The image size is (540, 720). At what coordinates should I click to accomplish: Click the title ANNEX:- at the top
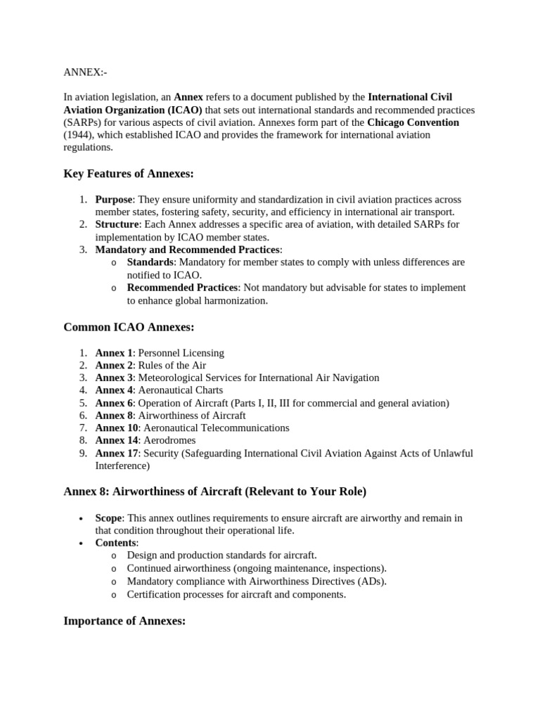[85, 72]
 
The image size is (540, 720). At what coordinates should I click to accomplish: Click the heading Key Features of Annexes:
[128, 174]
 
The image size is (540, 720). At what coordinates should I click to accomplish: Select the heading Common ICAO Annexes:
[129, 327]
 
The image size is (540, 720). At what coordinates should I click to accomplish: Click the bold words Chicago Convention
[413, 122]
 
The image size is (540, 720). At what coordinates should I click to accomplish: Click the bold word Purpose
[114, 199]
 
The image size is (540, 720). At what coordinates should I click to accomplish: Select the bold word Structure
[117, 224]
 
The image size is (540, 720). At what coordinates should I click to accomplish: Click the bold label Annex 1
[114, 352]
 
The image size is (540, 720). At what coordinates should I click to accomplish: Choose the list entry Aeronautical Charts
[181, 390]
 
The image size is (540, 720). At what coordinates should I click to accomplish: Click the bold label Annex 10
[117, 427]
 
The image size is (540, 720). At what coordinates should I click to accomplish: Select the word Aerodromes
[168, 440]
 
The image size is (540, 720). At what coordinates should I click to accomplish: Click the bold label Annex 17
[117, 453]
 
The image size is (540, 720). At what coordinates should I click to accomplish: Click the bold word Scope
[109, 517]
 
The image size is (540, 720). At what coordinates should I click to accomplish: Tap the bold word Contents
[116, 543]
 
